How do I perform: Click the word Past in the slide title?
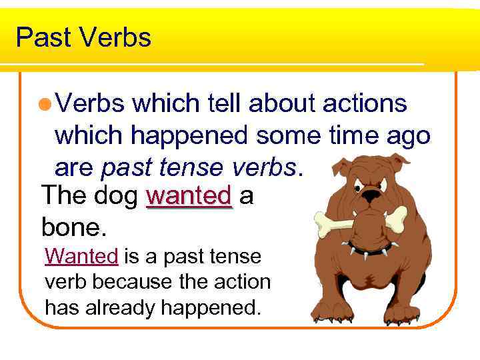[42, 37]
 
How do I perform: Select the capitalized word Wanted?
[81, 255]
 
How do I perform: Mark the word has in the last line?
[61, 307]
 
